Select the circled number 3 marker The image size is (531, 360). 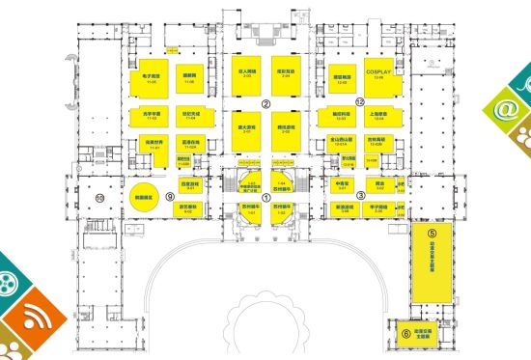click(x=360, y=195)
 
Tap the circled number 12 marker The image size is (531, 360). click(x=359, y=100)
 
